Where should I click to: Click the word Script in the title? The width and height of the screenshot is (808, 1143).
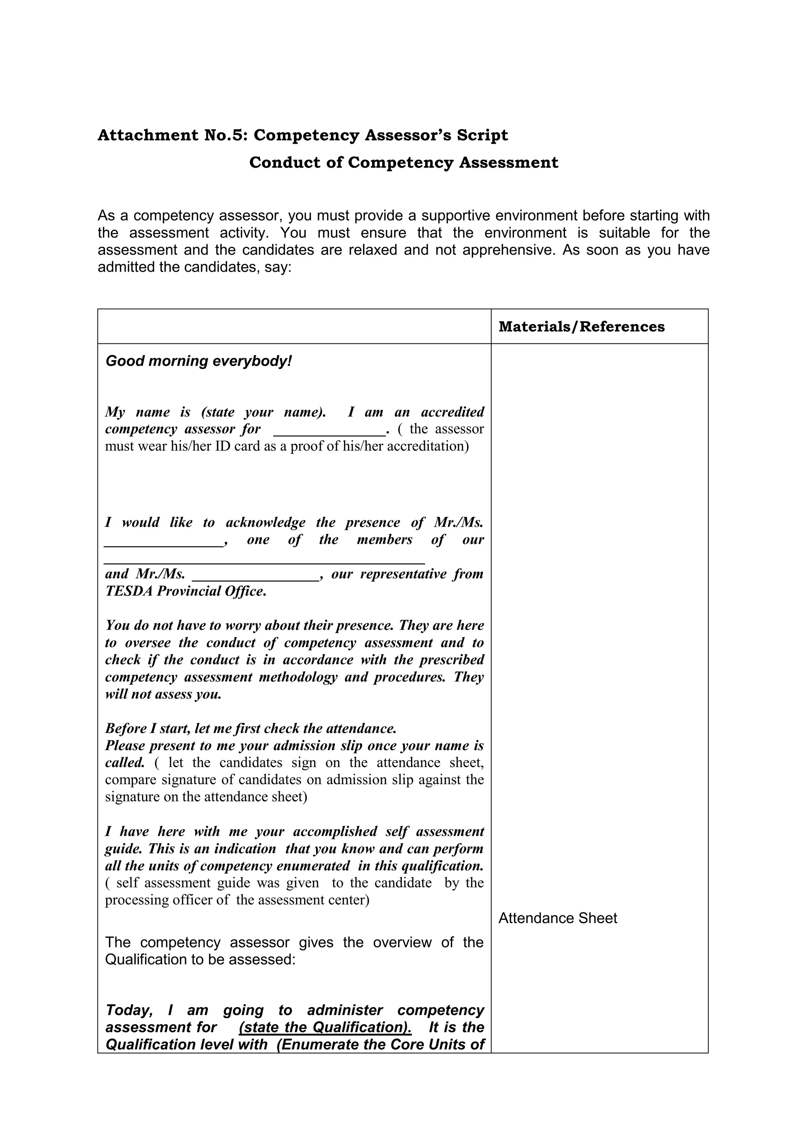click(486, 135)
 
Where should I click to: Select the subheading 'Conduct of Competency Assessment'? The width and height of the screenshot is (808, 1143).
click(404, 163)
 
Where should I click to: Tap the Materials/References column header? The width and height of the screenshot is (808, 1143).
click(581, 327)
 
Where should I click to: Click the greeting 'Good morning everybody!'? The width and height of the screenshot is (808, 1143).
click(198, 361)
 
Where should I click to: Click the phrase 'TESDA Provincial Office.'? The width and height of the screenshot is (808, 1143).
click(185, 591)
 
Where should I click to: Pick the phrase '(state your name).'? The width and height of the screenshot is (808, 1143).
click(263, 412)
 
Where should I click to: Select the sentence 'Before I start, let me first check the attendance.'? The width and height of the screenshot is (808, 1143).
click(251, 728)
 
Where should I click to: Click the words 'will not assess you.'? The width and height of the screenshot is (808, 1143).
click(163, 694)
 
